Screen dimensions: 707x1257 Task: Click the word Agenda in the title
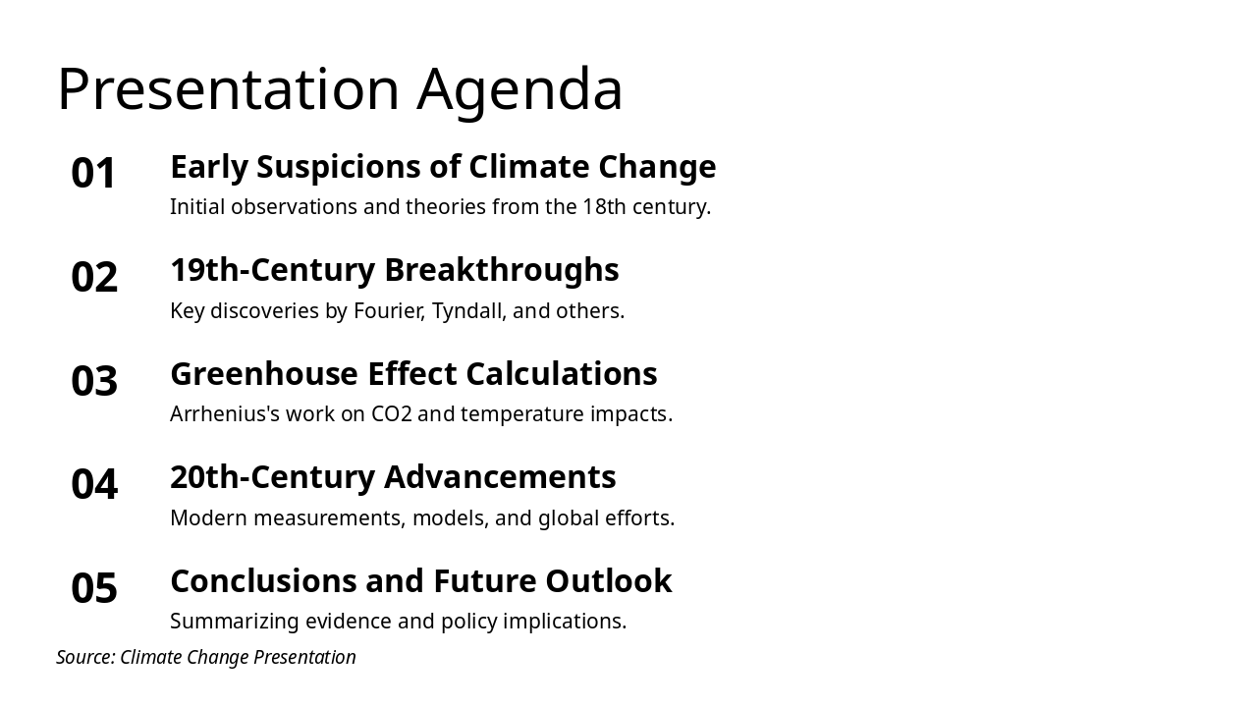519,89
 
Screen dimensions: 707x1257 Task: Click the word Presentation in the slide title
228,89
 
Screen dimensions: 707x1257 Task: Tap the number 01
94,174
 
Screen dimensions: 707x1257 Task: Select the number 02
94,278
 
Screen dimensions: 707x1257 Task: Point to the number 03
94,381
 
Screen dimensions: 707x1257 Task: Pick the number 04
94,485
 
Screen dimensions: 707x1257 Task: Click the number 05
94,589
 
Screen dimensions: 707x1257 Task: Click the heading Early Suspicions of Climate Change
443,167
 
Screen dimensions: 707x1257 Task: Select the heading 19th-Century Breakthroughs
394,270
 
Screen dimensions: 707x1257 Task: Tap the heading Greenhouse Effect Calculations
413,374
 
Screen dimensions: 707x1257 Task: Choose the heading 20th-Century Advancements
393,477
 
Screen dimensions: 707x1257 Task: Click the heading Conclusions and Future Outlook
420,581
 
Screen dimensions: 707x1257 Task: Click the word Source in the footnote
84,657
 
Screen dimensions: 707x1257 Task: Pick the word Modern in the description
209,518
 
